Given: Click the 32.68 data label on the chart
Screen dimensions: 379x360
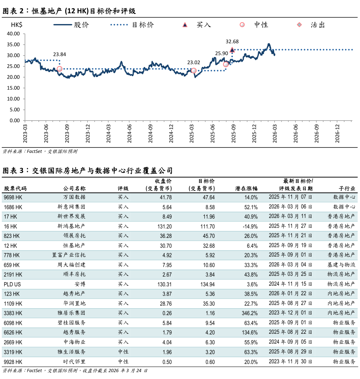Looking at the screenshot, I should click(232, 42).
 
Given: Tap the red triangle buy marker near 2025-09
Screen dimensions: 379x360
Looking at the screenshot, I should click(232, 50).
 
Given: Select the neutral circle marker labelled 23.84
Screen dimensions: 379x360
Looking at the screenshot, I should click(60, 69).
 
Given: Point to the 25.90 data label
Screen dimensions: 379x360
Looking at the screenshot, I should click(222, 53).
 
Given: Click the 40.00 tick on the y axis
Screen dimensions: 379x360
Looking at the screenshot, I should click(13, 34).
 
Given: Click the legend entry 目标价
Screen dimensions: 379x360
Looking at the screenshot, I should click(143, 25).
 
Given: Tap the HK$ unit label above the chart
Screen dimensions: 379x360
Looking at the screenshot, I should click(16, 25).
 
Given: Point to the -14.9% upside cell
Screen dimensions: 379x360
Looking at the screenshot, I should click(250, 226).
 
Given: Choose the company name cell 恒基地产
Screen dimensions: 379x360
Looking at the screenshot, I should click(74, 246).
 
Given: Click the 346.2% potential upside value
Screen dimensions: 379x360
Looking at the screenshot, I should click(249, 313).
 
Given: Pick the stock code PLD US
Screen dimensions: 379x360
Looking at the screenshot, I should click(12, 284).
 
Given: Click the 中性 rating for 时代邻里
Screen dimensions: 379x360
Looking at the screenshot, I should click(123, 362).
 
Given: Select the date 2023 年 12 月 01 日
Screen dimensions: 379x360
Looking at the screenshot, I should click(290, 313).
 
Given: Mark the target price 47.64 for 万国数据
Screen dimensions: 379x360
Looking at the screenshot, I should click(208, 197).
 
